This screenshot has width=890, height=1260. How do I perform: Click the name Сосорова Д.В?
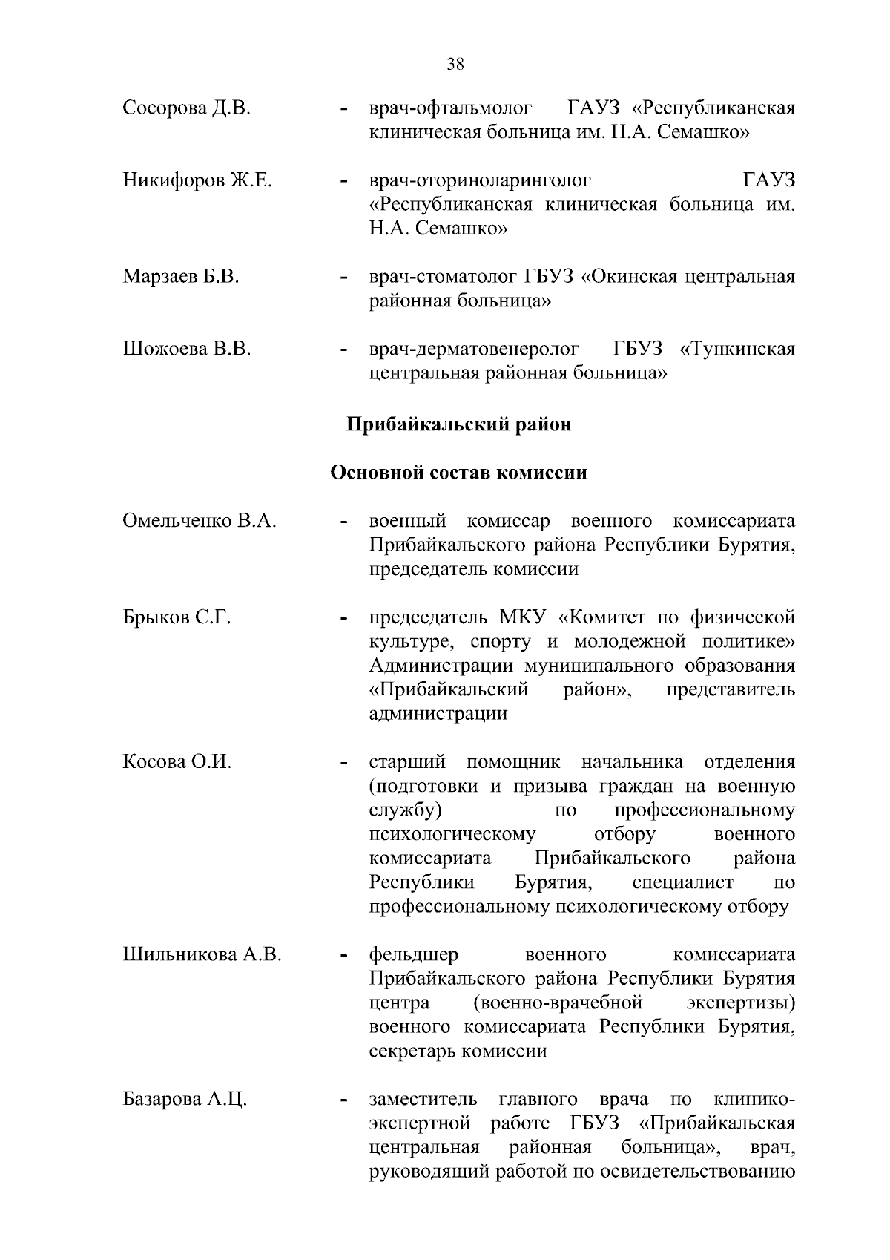point(186,108)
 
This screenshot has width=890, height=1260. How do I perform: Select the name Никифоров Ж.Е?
point(197,180)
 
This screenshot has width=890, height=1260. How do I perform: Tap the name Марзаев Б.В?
point(181,277)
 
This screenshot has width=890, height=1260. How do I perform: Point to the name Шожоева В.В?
point(187,349)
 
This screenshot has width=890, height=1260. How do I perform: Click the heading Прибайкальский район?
point(459,424)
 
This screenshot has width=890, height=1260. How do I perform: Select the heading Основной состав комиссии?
point(458,473)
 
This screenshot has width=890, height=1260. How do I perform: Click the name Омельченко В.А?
point(200,521)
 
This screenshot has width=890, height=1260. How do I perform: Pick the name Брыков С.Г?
point(177,617)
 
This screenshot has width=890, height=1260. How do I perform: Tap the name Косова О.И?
point(177,762)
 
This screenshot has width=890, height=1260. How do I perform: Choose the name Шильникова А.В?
point(202,954)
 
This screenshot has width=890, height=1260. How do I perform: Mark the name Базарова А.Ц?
point(185,1099)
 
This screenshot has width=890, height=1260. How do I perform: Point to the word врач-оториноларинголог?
point(481,180)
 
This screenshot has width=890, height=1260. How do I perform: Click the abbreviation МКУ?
point(523,617)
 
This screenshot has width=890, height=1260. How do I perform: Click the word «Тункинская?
point(737,349)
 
